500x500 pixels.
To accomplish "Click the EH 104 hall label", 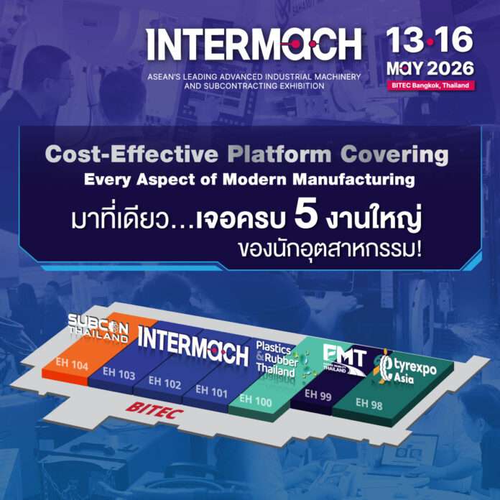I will point(72,364).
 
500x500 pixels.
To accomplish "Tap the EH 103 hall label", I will point(119,374).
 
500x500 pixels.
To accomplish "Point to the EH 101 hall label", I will point(211,392).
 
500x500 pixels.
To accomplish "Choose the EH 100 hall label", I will point(256,401).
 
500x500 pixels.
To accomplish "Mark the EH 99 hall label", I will point(318,394).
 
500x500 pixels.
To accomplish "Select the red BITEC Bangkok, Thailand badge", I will point(430,85).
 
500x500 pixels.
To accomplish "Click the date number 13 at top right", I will point(404,41).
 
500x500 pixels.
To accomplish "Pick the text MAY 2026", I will point(430,68).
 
